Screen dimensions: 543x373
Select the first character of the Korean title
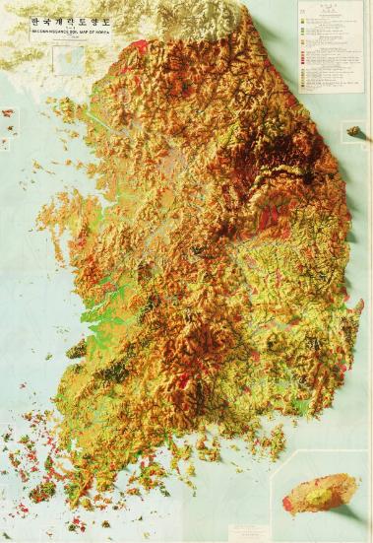pos(36,19)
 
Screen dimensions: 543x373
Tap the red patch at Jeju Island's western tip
pos(287,505)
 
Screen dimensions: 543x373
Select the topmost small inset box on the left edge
pos(7,114)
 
